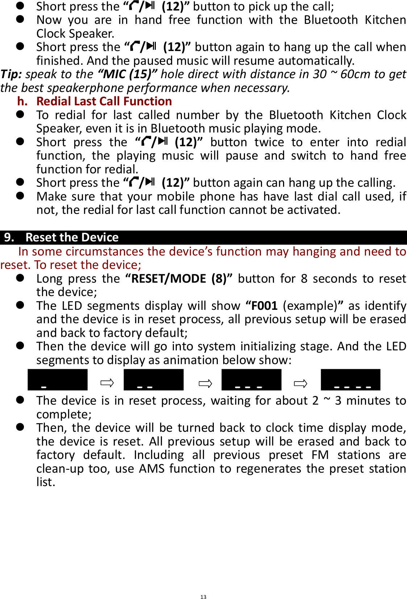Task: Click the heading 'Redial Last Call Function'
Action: click(x=104, y=101)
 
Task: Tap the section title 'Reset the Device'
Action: click(x=72, y=237)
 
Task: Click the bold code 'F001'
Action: click(x=264, y=306)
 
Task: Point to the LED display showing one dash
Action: click(x=58, y=380)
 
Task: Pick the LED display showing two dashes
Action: click(x=153, y=380)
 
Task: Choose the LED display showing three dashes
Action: click(x=251, y=380)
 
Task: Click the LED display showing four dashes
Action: click(x=350, y=380)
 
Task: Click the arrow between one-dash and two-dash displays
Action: click(x=107, y=383)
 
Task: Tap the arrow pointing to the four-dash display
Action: click(x=300, y=383)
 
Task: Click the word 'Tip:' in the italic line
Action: click(x=11, y=74)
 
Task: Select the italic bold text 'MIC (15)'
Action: click(x=127, y=74)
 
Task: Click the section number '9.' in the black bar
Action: click(x=9, y=237)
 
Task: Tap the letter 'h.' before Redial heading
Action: click(x=22, y=101)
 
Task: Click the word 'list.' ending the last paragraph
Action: click(x=46, y=482)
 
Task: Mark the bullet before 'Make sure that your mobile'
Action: click(x=20, y=196)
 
